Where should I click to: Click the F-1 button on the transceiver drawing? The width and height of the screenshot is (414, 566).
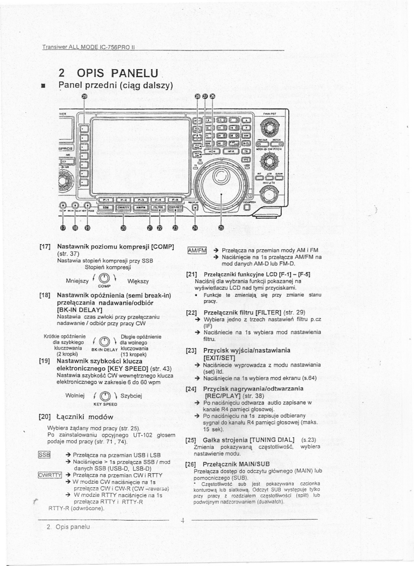pos(102,200)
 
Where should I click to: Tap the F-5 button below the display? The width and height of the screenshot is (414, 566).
pos(178,200)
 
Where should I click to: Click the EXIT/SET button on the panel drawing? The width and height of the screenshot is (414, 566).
pos(177,207)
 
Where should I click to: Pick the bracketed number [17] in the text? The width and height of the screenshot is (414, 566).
pos(44,246)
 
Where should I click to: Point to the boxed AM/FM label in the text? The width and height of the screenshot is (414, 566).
pos(196,250)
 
